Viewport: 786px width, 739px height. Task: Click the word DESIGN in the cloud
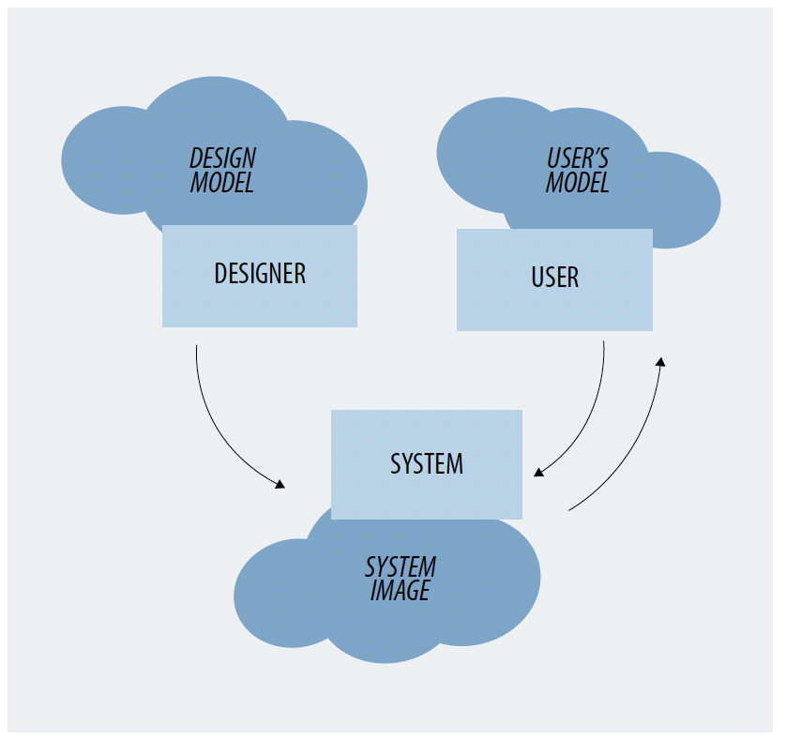tap(223, 158)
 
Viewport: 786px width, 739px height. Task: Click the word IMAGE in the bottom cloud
tap(400, 591)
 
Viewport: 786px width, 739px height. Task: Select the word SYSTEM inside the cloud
tap(401, 567)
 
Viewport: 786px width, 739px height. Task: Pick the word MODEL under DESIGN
tap(222, 183)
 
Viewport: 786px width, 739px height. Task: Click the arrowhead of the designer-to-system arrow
tap(280, 484)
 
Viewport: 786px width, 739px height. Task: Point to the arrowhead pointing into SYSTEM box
tap(538, 472)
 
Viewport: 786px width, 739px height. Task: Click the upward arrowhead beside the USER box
tap(661, 361)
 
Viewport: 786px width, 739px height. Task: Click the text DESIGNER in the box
tap(260, 273)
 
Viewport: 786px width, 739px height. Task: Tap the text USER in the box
tap(554, 278)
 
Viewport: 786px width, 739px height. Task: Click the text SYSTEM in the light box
tap(427, 463)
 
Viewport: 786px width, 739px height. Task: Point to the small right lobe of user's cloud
tap(685, 202)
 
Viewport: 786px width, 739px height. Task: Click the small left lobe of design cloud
tap(103, 159)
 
